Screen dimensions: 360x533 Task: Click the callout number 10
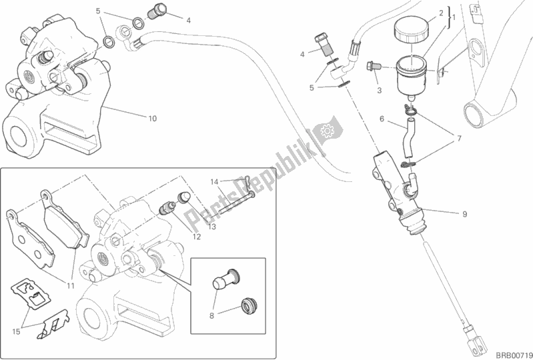[x=152, y=119]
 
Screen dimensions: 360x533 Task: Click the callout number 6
[x=382, y=119]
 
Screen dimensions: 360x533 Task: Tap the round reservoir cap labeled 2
[x=412, y=31]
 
